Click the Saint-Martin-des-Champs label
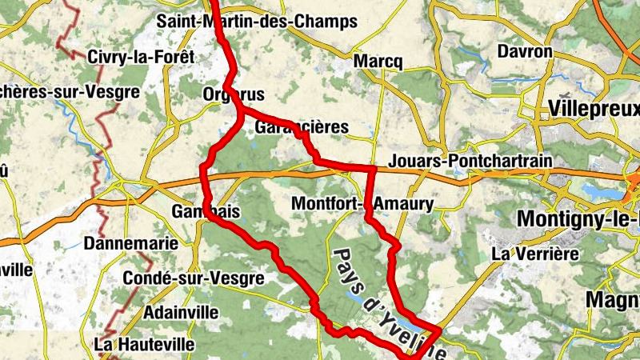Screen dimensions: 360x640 click(256, 22)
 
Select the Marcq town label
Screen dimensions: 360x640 click(377, 62)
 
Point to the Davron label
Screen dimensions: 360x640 click(525, 52)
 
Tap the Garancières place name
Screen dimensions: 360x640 click(302, 127)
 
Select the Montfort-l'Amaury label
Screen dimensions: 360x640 click(362, 204)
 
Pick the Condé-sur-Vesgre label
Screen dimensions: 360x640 click(193, 278)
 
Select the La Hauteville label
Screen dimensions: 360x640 click(144, 344)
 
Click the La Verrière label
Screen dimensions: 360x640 click(534, 254)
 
